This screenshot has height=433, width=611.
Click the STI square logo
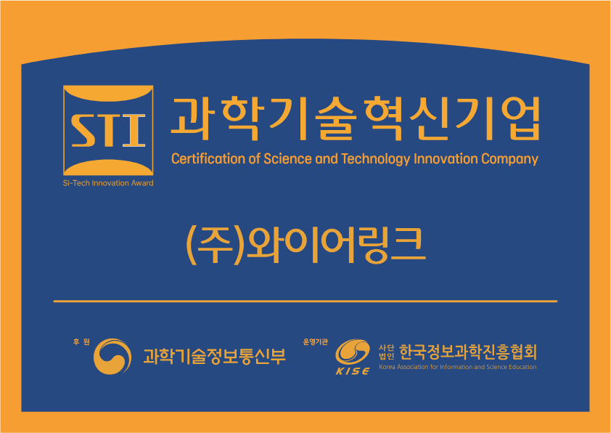click(108, 130)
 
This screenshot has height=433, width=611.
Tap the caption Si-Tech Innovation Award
click(108, 183)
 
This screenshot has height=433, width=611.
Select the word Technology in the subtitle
click(376, 159)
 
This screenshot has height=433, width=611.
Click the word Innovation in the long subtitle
click(446, 159)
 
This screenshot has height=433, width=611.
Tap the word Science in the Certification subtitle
click(287, 159)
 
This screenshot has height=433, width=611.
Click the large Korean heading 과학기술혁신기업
click(356, 118)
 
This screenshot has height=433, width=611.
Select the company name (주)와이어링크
click(305, 246)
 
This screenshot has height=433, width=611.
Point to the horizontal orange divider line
click(305, 302)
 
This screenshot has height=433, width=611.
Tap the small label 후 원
click(81, 342)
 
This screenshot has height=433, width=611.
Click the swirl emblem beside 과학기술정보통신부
click(112, 356)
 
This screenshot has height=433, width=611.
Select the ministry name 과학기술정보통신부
click(214, 356)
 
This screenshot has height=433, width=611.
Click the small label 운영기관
click(315, 342)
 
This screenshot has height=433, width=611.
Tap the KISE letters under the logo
click(353, 371)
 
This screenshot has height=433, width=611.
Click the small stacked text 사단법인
click(387, 352)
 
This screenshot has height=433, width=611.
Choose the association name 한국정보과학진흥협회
click(468, 352)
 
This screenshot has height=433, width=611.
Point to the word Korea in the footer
click(387, 367)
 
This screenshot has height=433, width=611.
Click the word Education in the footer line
click(522, 367)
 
